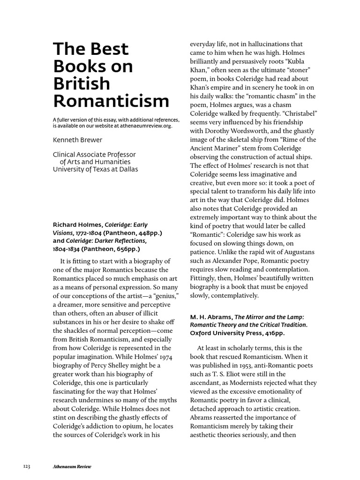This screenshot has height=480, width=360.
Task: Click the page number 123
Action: (x=27, y=466)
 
